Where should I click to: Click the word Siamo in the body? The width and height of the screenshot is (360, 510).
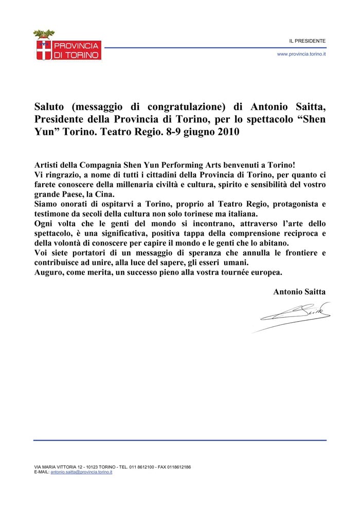[x=46, y=204]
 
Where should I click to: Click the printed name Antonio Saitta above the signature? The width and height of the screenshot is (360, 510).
[x=299, y=291]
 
